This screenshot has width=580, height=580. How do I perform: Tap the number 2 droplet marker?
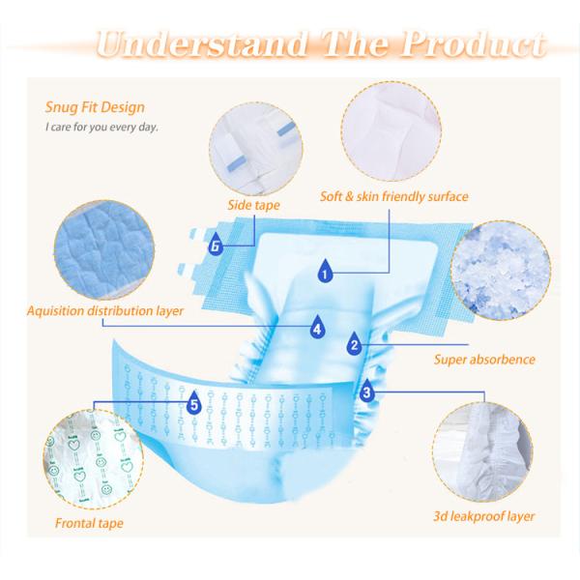354,340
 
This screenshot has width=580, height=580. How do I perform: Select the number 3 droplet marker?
367,391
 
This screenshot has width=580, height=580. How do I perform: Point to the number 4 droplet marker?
316,326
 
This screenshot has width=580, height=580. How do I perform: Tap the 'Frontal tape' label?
89,524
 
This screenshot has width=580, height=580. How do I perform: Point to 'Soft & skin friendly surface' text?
394,196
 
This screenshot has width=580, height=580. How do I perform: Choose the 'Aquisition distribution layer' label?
105,311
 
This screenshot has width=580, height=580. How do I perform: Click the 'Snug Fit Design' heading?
95,107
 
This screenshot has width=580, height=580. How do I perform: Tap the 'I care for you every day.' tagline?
101,127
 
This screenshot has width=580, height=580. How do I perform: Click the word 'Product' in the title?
473,43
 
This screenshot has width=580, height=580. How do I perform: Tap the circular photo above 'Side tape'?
255,140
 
